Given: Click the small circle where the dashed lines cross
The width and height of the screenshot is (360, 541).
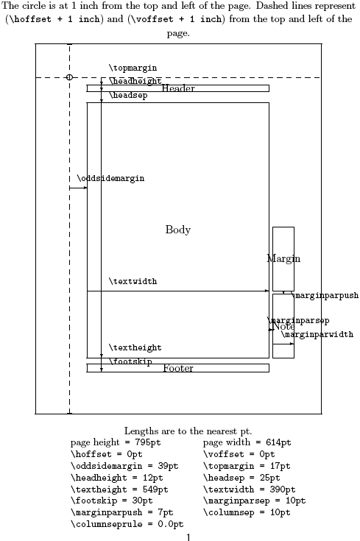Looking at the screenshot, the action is (69, 77).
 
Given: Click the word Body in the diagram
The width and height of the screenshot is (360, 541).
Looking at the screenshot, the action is (178, 230).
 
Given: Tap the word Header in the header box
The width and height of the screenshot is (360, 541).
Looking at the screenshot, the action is (178, 88).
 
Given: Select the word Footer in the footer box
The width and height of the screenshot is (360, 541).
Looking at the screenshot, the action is (178, 368).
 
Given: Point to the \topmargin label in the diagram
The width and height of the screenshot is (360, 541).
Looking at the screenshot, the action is (133, 68).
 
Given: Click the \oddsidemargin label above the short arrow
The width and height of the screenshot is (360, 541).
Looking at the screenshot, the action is (110, 178).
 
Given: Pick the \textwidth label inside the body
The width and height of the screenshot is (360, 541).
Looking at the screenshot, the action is (133, 281).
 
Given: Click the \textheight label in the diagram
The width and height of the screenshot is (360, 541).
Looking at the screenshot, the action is (135, 347).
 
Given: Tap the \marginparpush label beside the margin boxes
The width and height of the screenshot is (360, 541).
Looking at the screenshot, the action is (325, 295).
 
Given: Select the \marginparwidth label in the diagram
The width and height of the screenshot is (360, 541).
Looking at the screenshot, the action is (317, 334).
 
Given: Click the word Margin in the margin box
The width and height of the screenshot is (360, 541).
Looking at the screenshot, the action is (283, 258).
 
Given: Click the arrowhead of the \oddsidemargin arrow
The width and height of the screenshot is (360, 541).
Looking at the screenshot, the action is (85, 188).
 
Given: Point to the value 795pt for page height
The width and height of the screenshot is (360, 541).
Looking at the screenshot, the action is (148, 442).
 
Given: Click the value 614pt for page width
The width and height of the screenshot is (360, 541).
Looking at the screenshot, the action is (278, 442).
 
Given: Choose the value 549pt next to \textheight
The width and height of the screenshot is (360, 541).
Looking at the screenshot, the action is (155, 489).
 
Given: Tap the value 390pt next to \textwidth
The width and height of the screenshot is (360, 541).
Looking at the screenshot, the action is (283, 489).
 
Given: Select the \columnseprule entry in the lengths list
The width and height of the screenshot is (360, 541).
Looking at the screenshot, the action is (127, 524).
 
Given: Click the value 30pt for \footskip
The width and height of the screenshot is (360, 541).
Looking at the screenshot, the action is (142, 501).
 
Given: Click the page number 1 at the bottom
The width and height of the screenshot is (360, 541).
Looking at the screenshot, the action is (188, 537).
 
